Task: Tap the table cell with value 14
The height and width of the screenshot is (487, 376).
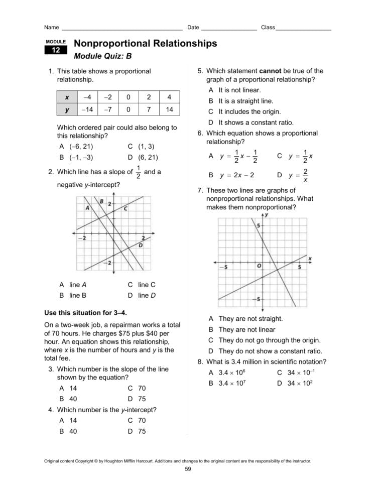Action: pyautogui.click(x=169, y=109)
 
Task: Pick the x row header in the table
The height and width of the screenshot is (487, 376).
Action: pyautogui.click(x=67, y=97)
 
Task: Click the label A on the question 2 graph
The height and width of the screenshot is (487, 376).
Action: pyautogui.click(x=87, y=208)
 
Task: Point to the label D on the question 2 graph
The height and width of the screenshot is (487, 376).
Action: pyautogui.click(x=141, y=245)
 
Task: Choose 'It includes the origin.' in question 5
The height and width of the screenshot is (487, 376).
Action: pyautogui.click(x=249, y=112)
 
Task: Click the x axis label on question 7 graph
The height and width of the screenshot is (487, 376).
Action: pyautogui.click(x=310, y=258)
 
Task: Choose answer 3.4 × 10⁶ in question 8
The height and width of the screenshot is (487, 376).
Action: pyautogui.click(x=231, y=373)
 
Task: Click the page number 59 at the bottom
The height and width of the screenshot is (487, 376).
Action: pyautogui.click(x=188, y=469)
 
